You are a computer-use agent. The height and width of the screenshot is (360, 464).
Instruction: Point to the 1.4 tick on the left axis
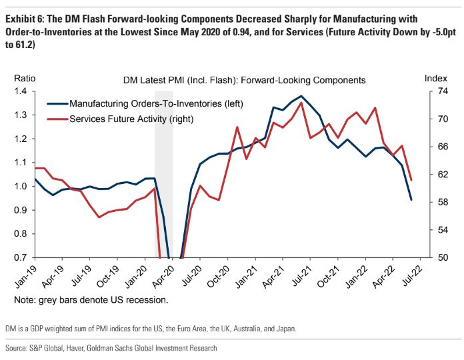pyautogui.click(x=22, y=91)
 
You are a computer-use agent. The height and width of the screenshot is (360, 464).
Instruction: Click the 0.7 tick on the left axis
pyautogui.click(x=22, y=257)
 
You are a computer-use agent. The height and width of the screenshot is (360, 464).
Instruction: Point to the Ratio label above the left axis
pyautogui.click(x=24, y=79)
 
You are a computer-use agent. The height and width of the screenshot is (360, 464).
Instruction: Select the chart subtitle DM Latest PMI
pyautogui.click(x=245, y=80)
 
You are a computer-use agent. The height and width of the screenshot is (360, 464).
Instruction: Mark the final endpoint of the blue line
pyautogui.click(x=411, y=200)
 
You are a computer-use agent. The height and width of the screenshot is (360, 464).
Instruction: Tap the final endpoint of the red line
pyautogui.click(x=411, y=180)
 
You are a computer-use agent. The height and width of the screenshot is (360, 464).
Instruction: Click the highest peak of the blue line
pyautogui.click(x=301, y=96)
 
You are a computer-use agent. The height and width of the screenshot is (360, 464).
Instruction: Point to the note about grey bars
pyautogui.click(x=91, y=301)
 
